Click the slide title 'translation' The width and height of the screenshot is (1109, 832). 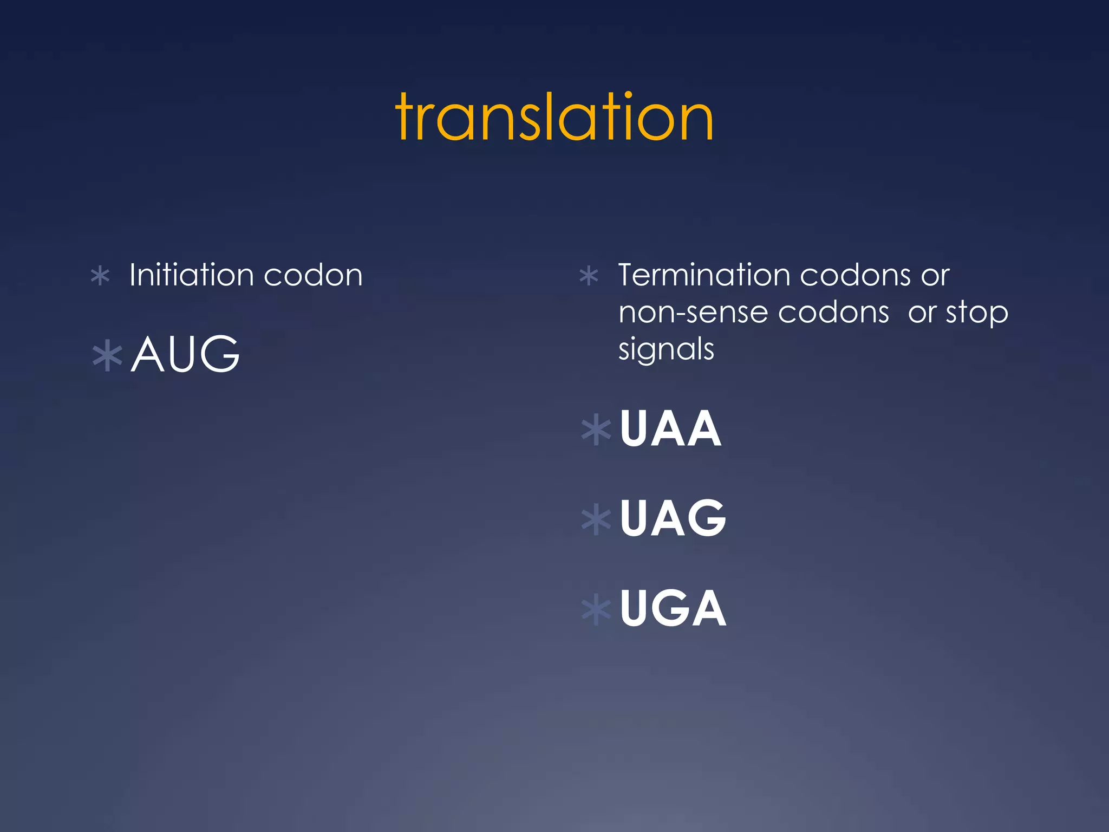click(x=554, y=117)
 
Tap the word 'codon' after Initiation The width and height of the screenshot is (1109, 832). click(x=313, y=275)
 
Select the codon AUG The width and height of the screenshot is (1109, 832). click(x=185, y=354)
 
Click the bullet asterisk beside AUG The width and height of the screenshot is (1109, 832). click(x=107, y=355)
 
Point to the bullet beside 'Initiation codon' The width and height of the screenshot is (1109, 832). click(x=101, y=276)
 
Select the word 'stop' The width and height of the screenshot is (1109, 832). click(x=977, y=314)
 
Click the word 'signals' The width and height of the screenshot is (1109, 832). click(x=666, y=349)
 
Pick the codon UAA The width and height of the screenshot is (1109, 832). click(x=670, y=428)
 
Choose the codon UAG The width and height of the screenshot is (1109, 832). click(x=673, y=518)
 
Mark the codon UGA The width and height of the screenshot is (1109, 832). click(x=673, y=608)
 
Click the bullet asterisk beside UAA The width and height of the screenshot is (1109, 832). click(x=596, y=430)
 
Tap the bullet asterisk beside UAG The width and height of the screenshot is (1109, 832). click(x=596, y=520)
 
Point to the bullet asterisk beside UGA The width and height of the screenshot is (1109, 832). click(x=596, y=610)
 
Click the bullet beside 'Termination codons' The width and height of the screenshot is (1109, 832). click(x=589, y=276)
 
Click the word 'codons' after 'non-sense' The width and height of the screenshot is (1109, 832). click(x=834, y=313)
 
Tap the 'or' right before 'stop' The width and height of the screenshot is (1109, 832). click(x=922, y=313)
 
